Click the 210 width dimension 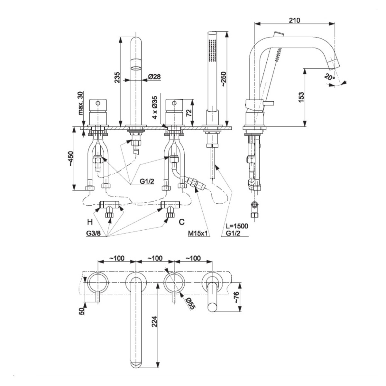pyautogui.click(x=294, y=20)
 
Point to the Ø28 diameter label pyautogui.click(x=154, y=77)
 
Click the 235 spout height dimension pyautogui.click(x=117, y=78)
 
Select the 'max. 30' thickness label pyautogui.click(x=80, y=103)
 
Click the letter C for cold pyautogui.click(x=182, y=222)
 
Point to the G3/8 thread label pyautogui.click(x=93, y=234)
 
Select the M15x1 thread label pyautogui.click(x=198, y=234)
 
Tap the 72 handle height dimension pyautogui.click(x=189, y=113)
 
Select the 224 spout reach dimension pyautogui.click(x=154, y=325)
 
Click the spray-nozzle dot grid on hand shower pyautogui.click(x=212, y=50)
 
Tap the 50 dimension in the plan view pyautogui.click(x=82, y=311)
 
